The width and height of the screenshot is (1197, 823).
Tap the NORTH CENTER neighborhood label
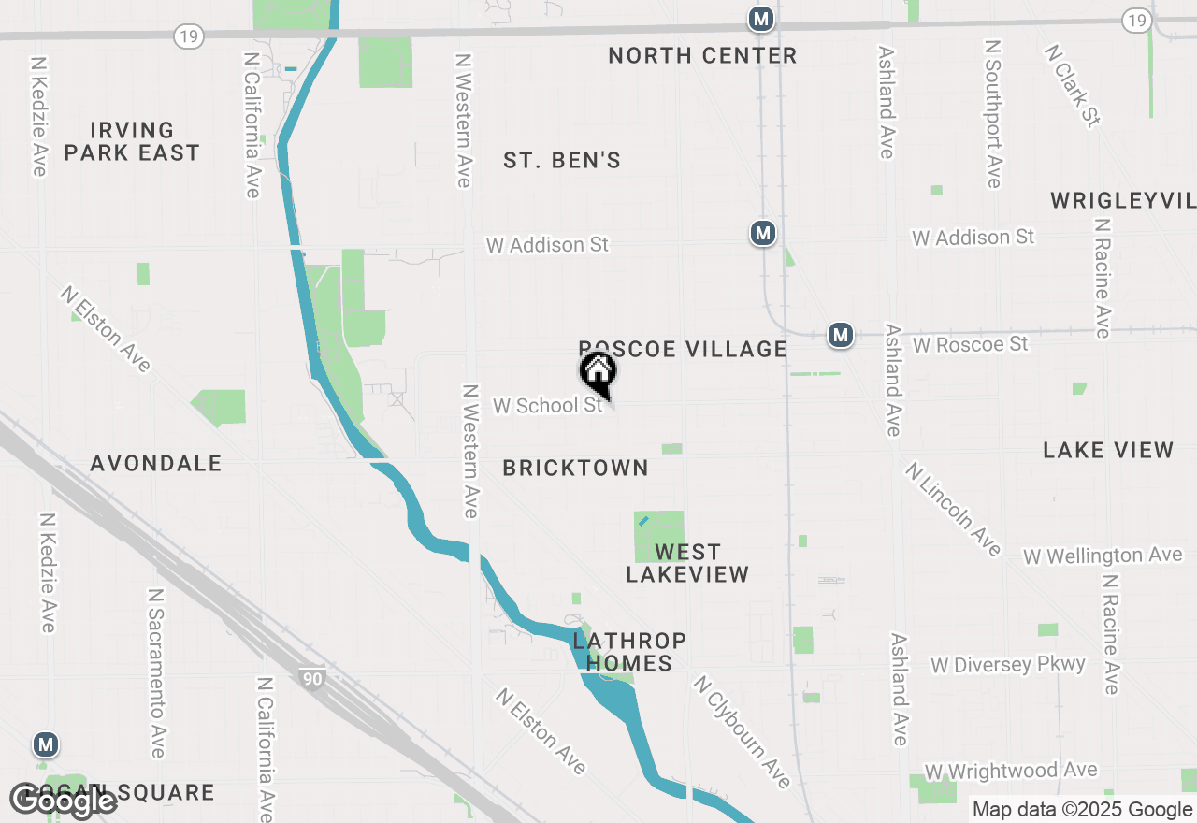[x=702, y=56]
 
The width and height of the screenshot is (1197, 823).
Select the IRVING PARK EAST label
[x=132, y=141]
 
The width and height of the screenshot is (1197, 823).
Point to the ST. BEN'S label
[x=562, y=161]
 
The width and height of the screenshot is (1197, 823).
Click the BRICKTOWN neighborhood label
[x=575, y=469]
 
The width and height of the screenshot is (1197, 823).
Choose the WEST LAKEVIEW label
[x=687, y=563]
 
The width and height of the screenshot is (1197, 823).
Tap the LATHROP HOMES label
[x=629, y=652]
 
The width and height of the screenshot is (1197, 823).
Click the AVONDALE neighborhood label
[x=156, y=463]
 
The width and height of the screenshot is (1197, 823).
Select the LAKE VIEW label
[x=1108, y=451]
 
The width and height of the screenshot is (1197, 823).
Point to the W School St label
[x=548, y=406]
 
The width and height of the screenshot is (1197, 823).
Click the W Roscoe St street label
[x=970, y=345]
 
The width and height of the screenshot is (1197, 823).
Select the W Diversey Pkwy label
[x=1008, y=665]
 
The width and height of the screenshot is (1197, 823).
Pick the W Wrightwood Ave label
[x=1010, y=772]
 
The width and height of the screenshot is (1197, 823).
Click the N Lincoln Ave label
[x=953, y=509]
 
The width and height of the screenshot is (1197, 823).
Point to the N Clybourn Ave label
[x=742, y=732]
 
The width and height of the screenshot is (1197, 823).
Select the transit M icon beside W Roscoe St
[x=841, y=334]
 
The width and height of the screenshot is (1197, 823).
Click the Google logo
[x=63, y=801]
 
